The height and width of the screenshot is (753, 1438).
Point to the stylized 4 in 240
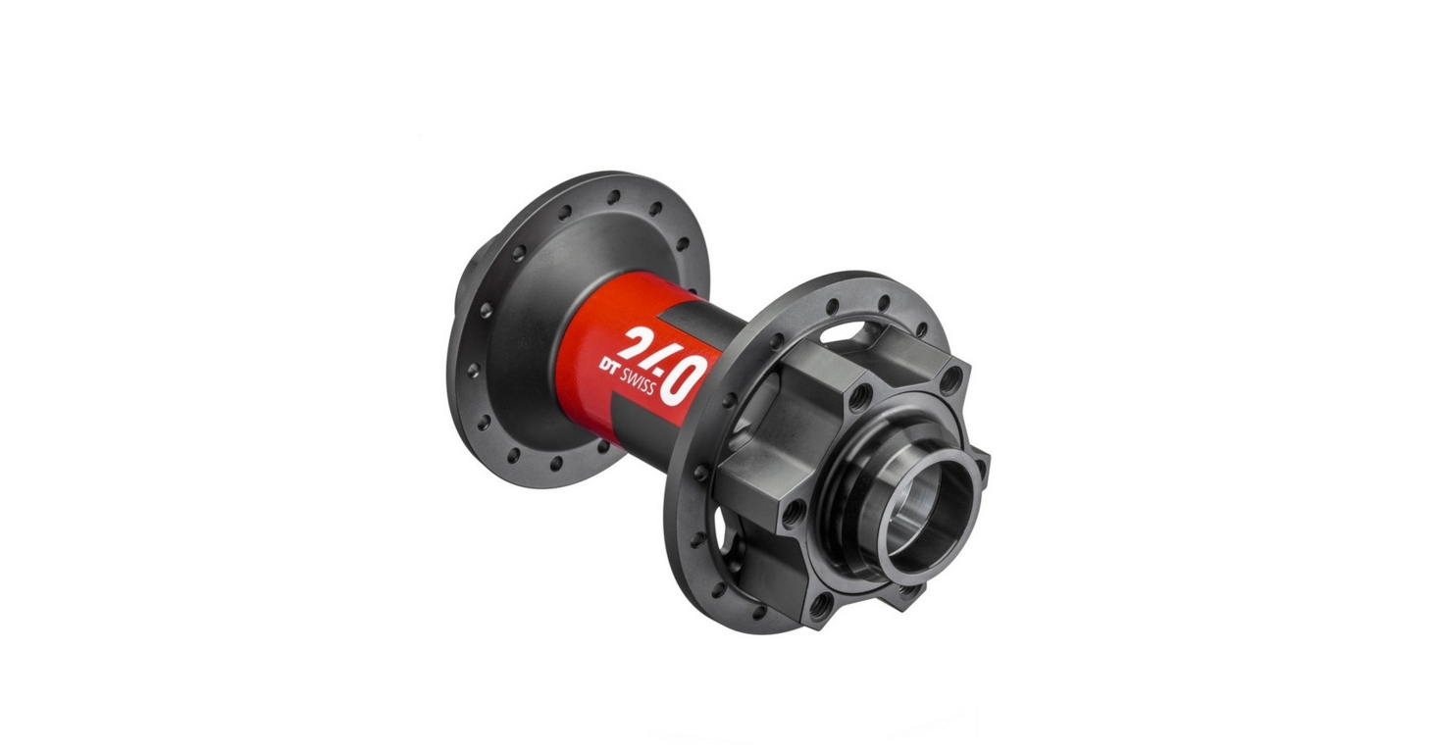pyautogui.click(x=665, y=359)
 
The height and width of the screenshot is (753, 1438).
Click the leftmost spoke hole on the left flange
pyautogui.click(x=470, y=370)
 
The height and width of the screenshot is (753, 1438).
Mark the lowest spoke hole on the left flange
pyautogui.click(x=556, y=463)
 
